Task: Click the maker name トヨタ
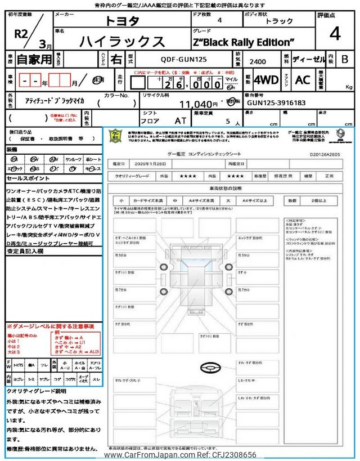[124, 21]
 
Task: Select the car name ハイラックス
[123, 41]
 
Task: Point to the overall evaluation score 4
[335, 34]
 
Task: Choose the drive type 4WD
[266, 80]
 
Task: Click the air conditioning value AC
[303, 80]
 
